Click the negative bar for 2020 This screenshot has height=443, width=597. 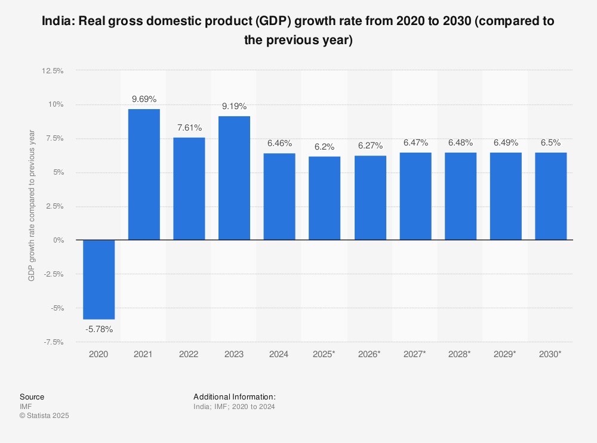click(99, 280)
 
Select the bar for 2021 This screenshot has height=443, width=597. click(144, 175)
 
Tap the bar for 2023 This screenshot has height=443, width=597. click(234, 178)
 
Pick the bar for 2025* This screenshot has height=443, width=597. click(324, 199)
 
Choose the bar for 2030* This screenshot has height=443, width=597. click(550, 196)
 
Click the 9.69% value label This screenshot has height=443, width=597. click(144, 99)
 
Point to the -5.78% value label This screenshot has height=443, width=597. click(99, 329)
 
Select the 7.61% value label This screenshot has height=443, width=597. click(189, 128)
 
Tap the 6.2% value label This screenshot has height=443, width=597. click(324, 147)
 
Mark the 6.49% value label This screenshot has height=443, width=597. click(505, 142)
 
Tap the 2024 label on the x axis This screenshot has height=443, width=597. click(279, 354)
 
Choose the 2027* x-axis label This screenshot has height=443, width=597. click(415, 354)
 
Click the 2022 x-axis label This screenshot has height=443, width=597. click(189, 354)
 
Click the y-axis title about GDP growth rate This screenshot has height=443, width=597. click(32, 206)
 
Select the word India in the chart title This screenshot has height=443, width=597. click(57, 21)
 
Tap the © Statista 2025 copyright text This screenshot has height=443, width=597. click(44, 416)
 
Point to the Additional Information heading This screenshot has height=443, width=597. click(235, 396)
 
